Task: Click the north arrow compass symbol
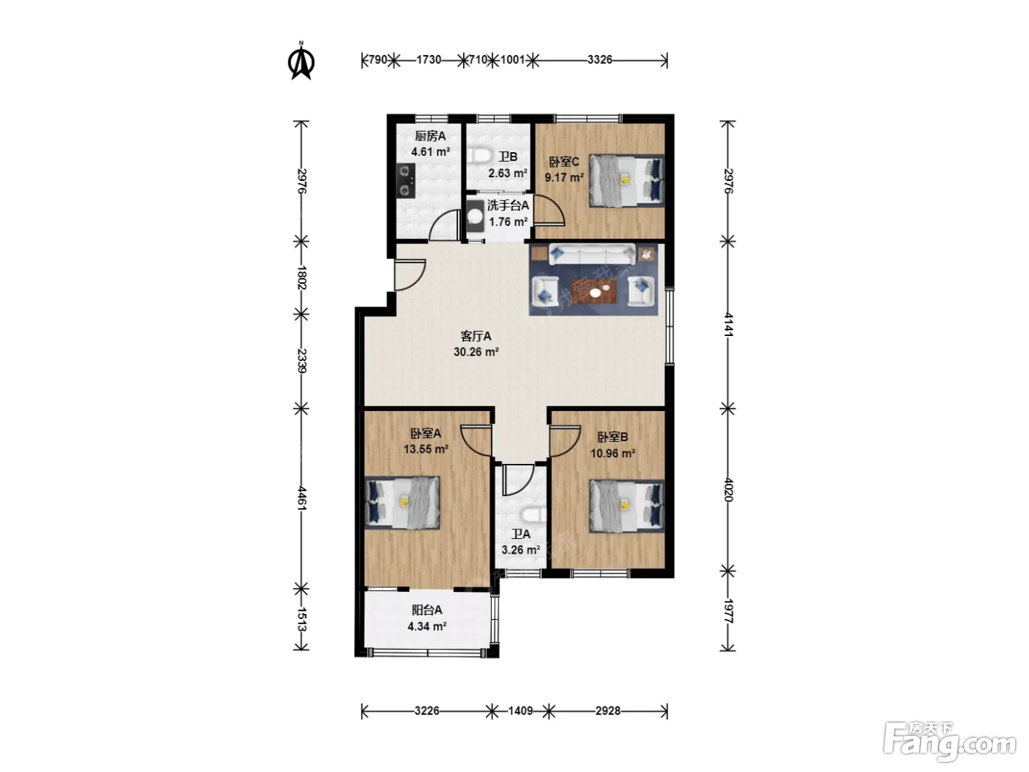click(x=301, y=61)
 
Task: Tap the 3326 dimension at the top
click(x=600, y=60)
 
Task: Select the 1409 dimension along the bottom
click(x=520, y=711)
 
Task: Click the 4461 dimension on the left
click(x=301, y=498)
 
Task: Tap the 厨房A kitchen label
click(x=430, y=137)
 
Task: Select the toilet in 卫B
click(x=479, y=156)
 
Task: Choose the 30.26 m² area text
click(x=476, y=351)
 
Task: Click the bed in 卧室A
click(x=402, y=503)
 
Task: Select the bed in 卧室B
click(x=627, y=506)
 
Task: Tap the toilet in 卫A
click(x=534, y=515)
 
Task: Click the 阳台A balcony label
click(x=426, y=610)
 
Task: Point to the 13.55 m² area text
click(x=426, y=449)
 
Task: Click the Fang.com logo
click(x=950, y=743)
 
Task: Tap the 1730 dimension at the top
click(x=429, y=60)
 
